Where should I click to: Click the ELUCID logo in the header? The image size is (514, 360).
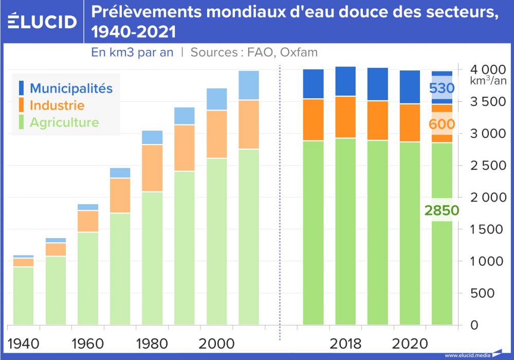[x=42, y=22]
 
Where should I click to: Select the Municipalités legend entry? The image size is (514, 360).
[x=71, y=88]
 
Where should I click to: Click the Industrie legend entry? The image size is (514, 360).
[x=57, y=105]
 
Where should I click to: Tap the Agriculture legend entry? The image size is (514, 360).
[x=64, y=123]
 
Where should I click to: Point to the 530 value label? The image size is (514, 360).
[x=442, y=88]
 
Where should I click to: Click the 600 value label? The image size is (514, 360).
[x=442, y=124]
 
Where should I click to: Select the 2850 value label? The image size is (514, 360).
[x=442, y=210]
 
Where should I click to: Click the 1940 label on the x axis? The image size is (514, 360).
[x=24, y=343]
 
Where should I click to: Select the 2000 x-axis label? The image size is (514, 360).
[x=216, y=343]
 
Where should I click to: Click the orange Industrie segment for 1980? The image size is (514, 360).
[x=152, y=168]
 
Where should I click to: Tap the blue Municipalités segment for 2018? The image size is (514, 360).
[x=345, y=81]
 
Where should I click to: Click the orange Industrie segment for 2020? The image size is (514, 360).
[x=410, y=122]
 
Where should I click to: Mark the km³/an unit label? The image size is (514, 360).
[x=488, y=81]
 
